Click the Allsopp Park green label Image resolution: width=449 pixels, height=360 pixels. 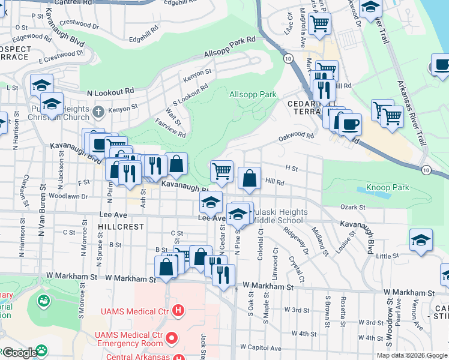(x=253, y=94)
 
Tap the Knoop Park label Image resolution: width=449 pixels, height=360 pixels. (x=388, y=187)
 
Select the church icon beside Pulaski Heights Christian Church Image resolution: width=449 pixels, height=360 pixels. (x=99, y=111)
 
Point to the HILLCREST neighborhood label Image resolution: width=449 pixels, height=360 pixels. (x=122, y=227)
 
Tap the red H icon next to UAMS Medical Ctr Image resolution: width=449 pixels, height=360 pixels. (x=178, y=310)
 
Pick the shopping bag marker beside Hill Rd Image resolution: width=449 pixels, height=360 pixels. (x=249, y=178)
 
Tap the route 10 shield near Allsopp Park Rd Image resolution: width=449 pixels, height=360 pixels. (x=289, y=58)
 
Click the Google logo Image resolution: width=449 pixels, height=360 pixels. (x=19, y=352)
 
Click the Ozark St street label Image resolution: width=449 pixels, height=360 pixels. (x=353, y=207)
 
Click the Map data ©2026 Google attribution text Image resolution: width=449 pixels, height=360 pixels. (x=412, y=355)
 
